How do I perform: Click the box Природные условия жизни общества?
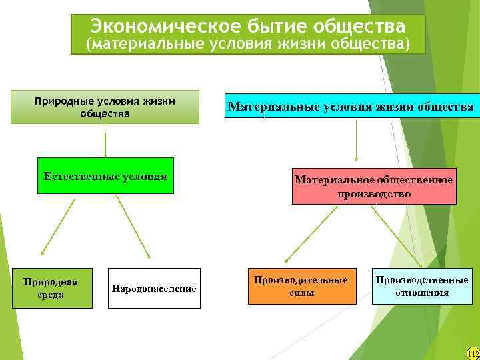(105, 107)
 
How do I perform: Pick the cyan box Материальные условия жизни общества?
(351, 106)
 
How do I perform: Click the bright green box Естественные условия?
(105, 176)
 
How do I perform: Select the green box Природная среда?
(51, 288)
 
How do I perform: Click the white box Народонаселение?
(154, 289)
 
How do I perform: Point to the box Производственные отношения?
(421, 286)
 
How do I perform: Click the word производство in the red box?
(374, 194)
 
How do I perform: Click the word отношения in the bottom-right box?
(421, 293)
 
